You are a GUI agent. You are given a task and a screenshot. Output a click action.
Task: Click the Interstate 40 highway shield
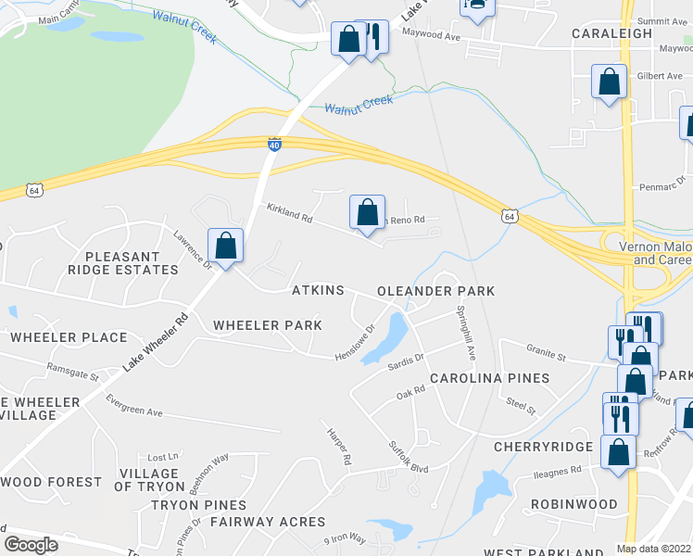coord(274,145)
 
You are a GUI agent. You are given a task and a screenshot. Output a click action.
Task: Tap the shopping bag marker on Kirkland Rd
coord(368,212)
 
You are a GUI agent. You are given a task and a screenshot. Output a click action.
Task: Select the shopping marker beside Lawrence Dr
coord(225,246)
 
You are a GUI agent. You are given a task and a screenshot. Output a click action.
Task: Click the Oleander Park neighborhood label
coord(435,291)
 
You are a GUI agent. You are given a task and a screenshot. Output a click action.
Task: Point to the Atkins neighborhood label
coord(318,291)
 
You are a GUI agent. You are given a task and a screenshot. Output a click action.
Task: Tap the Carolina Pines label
coord(489,378)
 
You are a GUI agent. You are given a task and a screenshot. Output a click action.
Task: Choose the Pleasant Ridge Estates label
coord(131,263)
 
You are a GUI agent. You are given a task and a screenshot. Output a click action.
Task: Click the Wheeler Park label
coord(268,325)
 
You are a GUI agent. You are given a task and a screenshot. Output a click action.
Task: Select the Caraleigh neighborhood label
coord(619,32)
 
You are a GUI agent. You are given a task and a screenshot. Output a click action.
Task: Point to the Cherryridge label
coord(543,447)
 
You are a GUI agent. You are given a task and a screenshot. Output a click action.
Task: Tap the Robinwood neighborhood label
coord(573,505)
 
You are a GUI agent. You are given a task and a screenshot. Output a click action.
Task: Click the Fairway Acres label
coord(268,522)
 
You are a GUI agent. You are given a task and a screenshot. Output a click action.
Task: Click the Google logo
coord(31,545)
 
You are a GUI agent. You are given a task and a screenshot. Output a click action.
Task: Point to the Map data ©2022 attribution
coord(653,549)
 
